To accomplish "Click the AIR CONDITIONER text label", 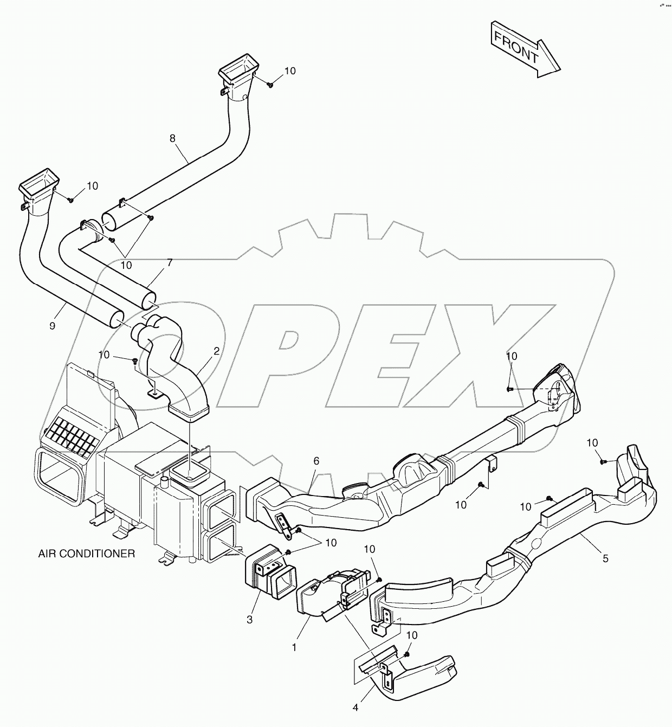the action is (x=86, y=554).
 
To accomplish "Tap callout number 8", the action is (x=172, y=138).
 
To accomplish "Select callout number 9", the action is (x=52, y=326).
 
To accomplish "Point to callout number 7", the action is (x=170, y=263).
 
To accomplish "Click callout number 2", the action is (x=216, y=351).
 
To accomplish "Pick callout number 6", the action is (x=316, y=461).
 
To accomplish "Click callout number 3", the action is (x=249, y=620).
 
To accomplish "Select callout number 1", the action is (x=294, y=647).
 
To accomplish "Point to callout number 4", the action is (x=356, y=707).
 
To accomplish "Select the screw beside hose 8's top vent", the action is (x=270, y=84).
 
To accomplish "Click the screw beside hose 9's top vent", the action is (x=71, y=200).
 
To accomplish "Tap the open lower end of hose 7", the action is (x=148, y=300).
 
